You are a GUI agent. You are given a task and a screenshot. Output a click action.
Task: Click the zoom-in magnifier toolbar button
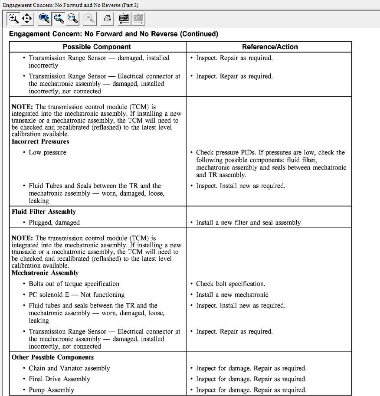pos(13,18)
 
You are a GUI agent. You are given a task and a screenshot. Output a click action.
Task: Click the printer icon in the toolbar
pos(108,18)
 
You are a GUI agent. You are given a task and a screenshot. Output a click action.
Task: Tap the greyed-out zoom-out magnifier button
pos(89,18)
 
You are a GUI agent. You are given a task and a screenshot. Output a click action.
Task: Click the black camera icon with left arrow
pos(124,18)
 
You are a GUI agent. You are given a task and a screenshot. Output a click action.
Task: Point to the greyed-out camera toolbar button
pos(138,18)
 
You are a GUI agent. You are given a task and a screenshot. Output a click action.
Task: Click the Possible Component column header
pos(97,47)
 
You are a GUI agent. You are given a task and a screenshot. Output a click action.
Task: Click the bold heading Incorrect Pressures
pos(40,141)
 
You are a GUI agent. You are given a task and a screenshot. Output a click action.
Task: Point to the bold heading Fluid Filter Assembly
pos(44,212)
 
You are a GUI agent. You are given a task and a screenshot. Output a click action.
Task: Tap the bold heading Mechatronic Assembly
pos(45,273)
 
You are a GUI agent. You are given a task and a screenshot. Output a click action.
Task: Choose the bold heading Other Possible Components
pos(52,357)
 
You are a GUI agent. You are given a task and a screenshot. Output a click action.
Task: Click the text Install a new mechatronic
pos(232,295)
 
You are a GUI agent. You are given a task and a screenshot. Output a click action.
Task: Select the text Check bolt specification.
pos(230,284)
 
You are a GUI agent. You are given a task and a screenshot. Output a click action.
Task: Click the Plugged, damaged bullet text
pos(54,223)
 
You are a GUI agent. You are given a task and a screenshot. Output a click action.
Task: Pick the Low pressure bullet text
pos(47,152)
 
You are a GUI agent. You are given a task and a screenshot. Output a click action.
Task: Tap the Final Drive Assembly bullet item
pos(59,379)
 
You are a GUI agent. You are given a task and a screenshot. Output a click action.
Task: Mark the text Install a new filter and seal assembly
pos(248,223)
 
